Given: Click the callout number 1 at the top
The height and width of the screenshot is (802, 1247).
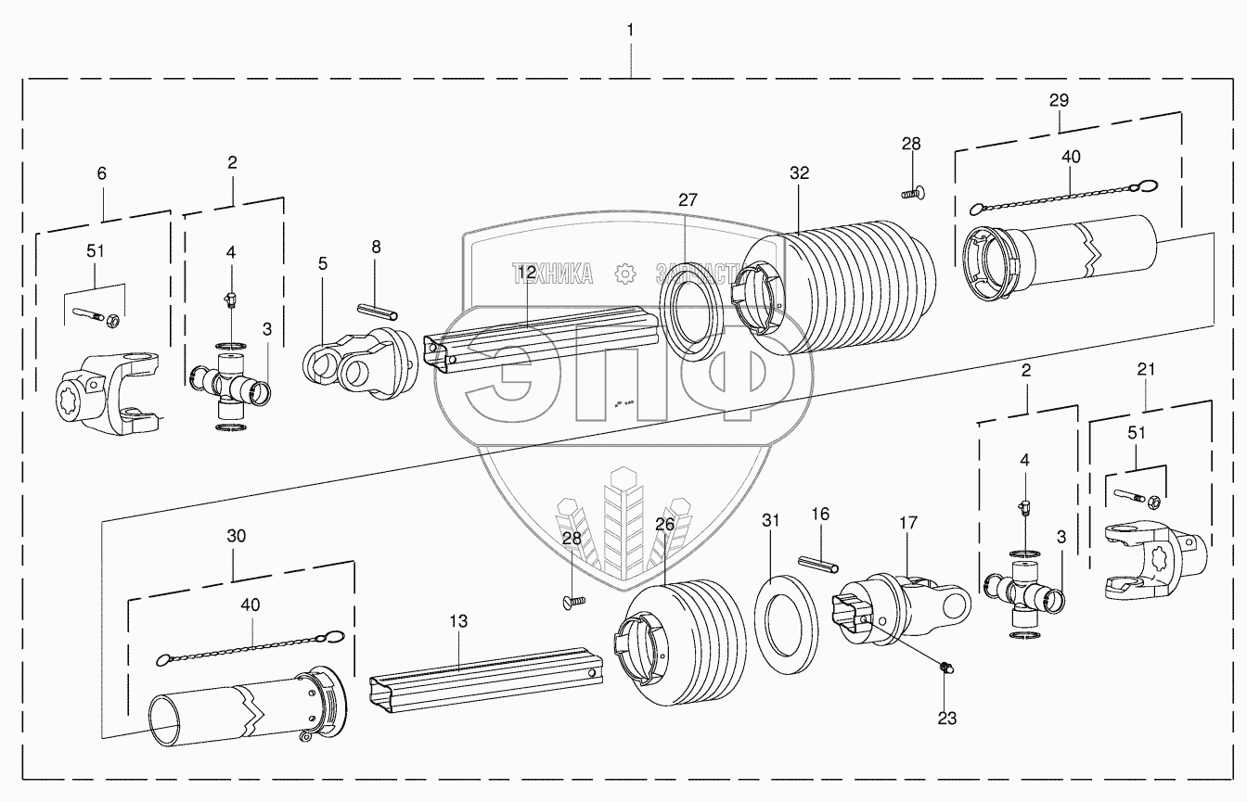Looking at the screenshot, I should pyautogui.click(x=631, y=31).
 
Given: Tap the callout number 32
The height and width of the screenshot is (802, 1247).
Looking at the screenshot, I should pyautogui.click(x=799, y=173).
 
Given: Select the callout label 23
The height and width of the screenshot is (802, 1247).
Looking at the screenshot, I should pyautogui.click(x=945, y=718).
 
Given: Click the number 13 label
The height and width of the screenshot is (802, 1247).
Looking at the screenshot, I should pyautogui.click(x=460, y=620).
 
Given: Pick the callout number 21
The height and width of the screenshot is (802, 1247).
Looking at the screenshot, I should pyautogui.click(x=1147, y=368).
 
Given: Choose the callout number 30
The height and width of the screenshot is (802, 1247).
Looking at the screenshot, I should pyautogui.click(x=237, y=535).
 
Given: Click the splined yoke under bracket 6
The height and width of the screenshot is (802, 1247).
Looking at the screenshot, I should pyautogui.click(x=107, y=394).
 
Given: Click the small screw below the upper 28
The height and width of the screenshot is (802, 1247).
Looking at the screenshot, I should pyautogui.click(x=911, y=194).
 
